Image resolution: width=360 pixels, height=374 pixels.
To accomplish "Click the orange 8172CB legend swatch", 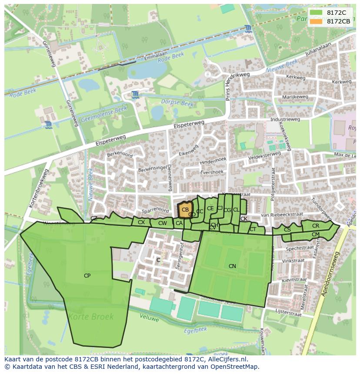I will (x=317, y=21).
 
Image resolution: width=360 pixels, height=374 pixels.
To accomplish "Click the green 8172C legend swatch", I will (x=317, y=13).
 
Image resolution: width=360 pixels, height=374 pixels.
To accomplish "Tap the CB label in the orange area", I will (x=185, y=210).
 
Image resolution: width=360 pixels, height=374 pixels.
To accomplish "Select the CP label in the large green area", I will (x=87, y=275).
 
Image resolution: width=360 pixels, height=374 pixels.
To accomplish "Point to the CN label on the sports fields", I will (x=232, y=266).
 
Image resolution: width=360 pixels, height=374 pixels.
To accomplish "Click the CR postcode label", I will (x=316, y=226).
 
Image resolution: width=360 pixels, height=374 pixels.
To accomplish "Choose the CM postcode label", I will (x=316, y=235).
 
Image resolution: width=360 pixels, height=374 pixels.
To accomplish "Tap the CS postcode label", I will (x=287, y=230).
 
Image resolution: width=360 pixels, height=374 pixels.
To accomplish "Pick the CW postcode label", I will (x=162, y=223).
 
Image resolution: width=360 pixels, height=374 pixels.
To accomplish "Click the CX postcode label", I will (x=141, y=222).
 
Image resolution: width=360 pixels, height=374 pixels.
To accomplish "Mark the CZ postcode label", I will (x=94, y=218).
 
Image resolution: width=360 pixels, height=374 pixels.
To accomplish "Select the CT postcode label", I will (x=253, y=229).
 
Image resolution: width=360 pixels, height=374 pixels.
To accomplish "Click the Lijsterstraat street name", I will (x=289, y=313).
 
